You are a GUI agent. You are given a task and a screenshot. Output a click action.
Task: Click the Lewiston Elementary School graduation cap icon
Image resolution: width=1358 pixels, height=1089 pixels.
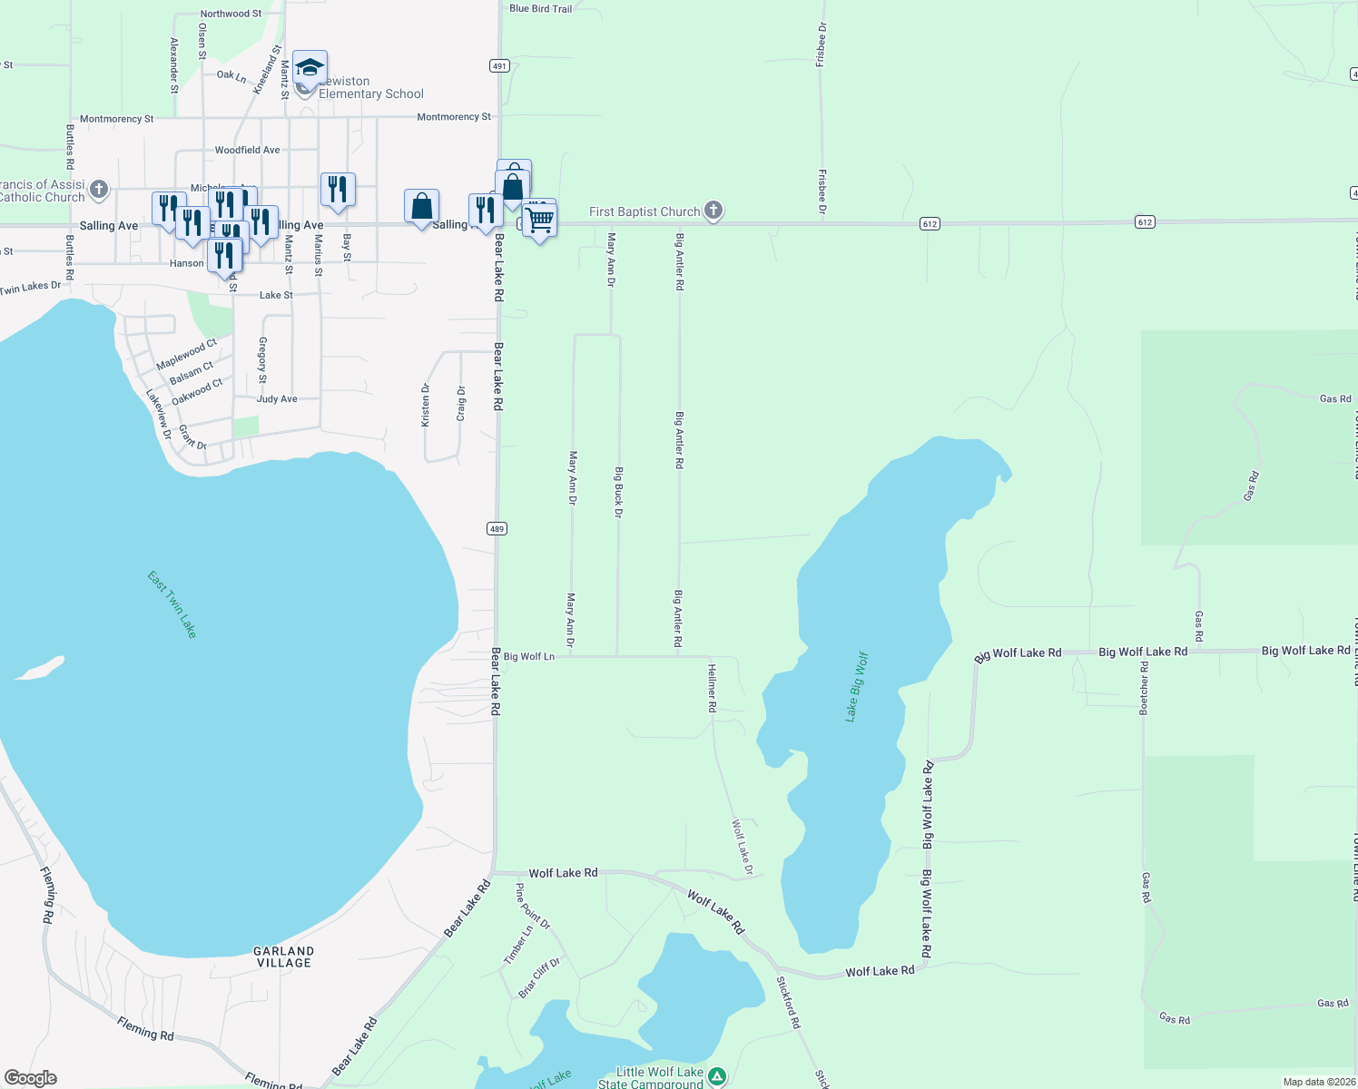pos(310,68)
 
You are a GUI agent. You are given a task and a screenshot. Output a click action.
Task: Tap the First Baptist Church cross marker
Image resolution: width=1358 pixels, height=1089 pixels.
pos(713,211)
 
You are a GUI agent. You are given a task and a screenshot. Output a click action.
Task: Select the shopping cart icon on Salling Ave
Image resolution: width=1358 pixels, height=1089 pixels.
pos(539,220)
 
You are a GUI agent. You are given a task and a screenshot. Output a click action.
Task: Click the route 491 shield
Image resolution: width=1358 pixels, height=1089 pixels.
pos(499,66)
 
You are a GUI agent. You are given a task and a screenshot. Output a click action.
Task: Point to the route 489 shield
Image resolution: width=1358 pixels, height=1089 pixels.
pos(497,529)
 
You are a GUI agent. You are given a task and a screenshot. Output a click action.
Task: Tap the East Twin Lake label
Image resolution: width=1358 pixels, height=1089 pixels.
pos(172,603)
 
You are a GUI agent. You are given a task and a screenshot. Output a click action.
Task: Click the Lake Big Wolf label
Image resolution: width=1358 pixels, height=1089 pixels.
pos(856,686)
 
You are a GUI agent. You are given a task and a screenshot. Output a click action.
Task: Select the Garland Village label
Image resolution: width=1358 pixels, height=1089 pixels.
pos(284,957)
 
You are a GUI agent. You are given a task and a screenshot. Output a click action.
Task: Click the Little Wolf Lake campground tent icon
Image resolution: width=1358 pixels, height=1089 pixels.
pos(717,1076)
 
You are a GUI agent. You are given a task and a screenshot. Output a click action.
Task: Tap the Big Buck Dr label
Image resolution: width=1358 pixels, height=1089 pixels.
pos(618,493)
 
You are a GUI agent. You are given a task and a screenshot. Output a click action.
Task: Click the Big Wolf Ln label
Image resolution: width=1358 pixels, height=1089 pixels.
pos(528,656)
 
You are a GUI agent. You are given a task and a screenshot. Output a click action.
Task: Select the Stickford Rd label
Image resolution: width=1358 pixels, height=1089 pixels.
pos(789,1002)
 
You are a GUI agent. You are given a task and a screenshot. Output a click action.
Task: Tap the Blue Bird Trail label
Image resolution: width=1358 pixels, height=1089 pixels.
pos(541,9)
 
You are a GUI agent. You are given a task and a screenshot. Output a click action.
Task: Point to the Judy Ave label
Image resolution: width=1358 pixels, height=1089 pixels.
pos(277,399)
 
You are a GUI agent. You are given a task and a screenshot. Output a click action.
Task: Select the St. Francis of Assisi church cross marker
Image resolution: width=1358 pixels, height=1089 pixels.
pos(99,191)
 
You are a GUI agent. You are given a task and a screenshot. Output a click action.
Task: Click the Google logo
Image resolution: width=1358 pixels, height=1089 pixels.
pos(31,1078)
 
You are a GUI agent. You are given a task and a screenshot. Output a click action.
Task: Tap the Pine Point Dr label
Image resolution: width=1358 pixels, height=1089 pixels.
pos(532,907)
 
